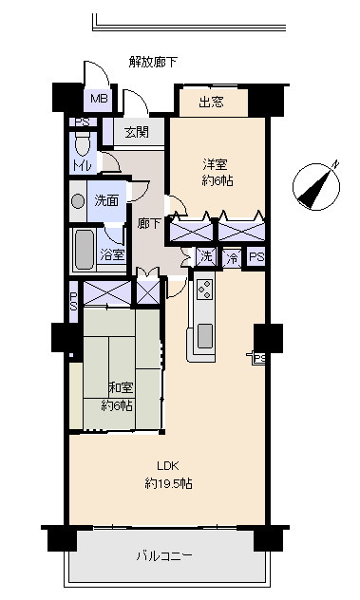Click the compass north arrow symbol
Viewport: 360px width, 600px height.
316,187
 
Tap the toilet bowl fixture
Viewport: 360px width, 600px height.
83,144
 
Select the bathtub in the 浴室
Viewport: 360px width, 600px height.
84,249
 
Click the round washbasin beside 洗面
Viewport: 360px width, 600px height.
78,201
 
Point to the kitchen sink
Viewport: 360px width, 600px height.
205,335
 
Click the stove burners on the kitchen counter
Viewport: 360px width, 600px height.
205,290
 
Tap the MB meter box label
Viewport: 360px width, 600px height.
99,99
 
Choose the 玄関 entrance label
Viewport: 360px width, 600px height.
137,132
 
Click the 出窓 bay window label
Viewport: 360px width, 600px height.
211,102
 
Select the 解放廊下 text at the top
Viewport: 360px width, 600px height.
153,62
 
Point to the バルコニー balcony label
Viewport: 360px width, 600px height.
164,555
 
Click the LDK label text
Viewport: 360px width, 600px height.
168,466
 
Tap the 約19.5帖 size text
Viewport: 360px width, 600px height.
168,483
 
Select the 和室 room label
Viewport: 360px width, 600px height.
121,387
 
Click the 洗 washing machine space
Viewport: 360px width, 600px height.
206,256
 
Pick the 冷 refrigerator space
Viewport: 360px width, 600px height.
232,258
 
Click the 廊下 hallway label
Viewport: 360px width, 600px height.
148,223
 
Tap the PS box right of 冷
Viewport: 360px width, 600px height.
256,257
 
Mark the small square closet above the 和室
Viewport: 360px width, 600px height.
148,292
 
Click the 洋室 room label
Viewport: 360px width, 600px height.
215,165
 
